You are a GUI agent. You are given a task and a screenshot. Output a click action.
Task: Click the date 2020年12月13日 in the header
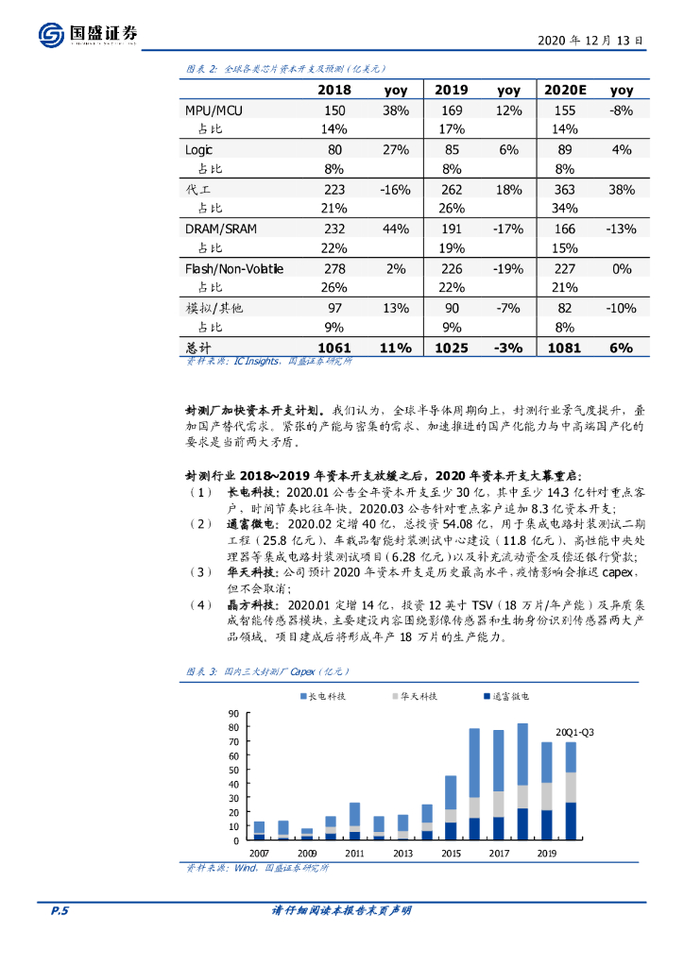(590, 41)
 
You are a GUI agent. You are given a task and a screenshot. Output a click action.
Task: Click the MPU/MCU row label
(214, 111)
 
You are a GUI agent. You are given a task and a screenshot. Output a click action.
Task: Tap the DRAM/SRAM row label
(220, 229)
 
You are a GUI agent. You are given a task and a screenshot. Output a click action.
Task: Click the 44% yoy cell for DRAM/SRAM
(395, 229)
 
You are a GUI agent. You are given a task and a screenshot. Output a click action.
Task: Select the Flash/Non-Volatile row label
(234, 269)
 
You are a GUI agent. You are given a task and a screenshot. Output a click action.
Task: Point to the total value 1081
(565, 348)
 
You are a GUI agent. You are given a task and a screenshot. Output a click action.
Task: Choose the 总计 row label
(200, 348)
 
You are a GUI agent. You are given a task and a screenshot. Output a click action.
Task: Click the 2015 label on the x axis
(451, 852)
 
